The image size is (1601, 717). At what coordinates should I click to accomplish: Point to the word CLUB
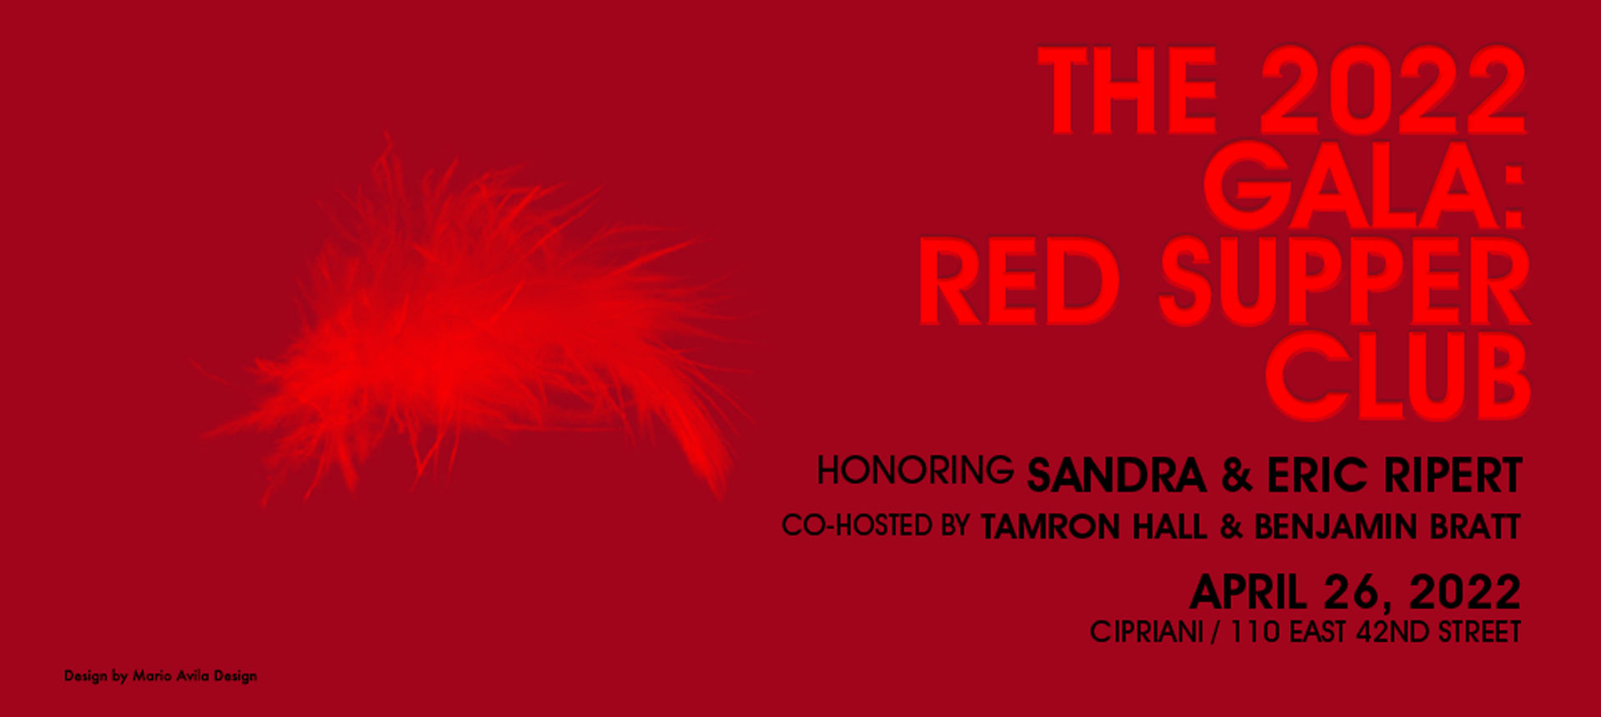point(1398,376)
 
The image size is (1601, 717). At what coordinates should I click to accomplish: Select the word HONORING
point(915,470)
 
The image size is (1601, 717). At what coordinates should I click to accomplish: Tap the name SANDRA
point(1117,475)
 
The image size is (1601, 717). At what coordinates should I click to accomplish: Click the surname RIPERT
point(1453,475)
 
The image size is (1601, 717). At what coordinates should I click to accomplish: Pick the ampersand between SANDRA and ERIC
point(1237,475)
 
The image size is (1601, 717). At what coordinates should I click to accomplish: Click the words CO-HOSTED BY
point(876,525)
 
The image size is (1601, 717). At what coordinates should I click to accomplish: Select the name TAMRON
point(1050,527)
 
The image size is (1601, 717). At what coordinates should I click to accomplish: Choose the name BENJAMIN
point(1335,527)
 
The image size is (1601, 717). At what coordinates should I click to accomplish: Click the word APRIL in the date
point(1248,592)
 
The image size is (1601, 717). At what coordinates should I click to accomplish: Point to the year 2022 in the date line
point(1465,592)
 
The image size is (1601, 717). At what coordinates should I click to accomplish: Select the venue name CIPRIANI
point(1147,632)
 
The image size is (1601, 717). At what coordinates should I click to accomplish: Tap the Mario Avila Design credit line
point(160,676)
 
